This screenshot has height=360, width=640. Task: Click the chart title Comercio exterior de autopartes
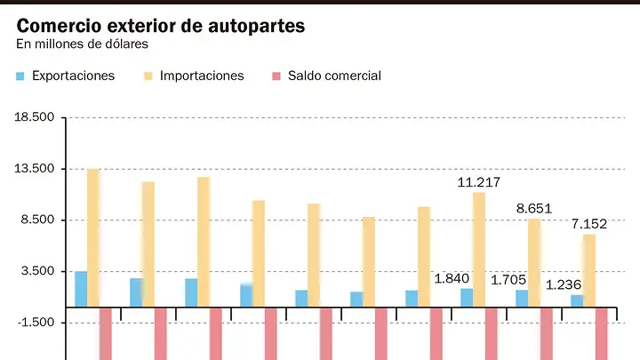[x=160, y=26]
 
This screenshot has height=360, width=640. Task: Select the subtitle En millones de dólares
[x=82, y=44]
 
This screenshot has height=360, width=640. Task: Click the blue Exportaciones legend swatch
[x=20, y=76]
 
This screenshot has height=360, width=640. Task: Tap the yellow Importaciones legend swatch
[x=148, y=76]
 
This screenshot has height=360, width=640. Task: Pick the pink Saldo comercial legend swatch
[x=276, y=76]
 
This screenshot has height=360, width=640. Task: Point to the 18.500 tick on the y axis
[x=35, y=117]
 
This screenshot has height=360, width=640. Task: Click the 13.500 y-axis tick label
[x=35, y=169]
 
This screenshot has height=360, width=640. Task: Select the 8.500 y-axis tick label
[x=37, y=220]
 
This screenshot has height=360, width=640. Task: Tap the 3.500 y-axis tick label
[x=37, y=271]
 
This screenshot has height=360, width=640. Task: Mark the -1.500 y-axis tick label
[x=36, y=323]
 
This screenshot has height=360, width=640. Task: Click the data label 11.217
[x=479, y=182]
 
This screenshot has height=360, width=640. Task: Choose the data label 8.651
[x=534, y=209]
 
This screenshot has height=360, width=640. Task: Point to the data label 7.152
[x=589, y=224]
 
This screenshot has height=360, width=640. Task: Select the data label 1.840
[x=452, y=279]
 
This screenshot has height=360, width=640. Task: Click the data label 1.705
[x=508, y=280]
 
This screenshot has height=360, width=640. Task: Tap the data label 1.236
[x=564, y=285]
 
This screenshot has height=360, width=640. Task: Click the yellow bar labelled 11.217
[x=479, y=250]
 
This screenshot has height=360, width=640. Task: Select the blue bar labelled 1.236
[x=577, y=300]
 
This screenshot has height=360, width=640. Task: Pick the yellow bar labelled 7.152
[x=589, y=270]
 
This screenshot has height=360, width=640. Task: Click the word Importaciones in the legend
[x=202, y=76]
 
